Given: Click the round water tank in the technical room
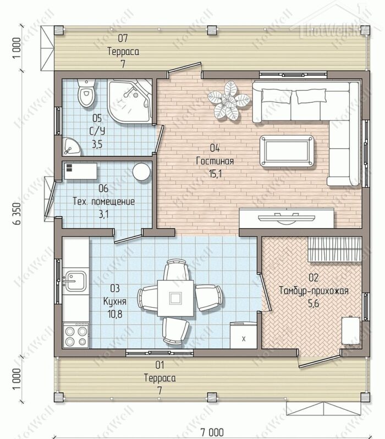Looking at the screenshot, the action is (141, 172).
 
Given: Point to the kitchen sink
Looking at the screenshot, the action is (75, 281).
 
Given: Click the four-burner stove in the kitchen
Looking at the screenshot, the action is (75, 335).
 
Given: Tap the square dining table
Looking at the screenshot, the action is (175, 298).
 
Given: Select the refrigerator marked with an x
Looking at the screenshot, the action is (243, 335).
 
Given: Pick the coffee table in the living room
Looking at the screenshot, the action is (287, 151).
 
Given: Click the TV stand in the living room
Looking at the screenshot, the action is (287, 218).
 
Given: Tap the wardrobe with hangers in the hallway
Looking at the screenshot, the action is (334, 249).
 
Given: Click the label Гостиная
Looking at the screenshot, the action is (215, 161).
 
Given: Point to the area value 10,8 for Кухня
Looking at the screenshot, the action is (115, 314).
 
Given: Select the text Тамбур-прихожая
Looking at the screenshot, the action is (314, 291).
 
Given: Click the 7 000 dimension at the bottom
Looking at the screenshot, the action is (212, 432).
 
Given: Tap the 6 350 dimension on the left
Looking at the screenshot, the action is (18, 213).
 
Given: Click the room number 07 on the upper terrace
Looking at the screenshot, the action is (123, 38).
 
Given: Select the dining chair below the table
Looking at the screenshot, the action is (175, 330).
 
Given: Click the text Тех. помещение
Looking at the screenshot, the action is (104, 201).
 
